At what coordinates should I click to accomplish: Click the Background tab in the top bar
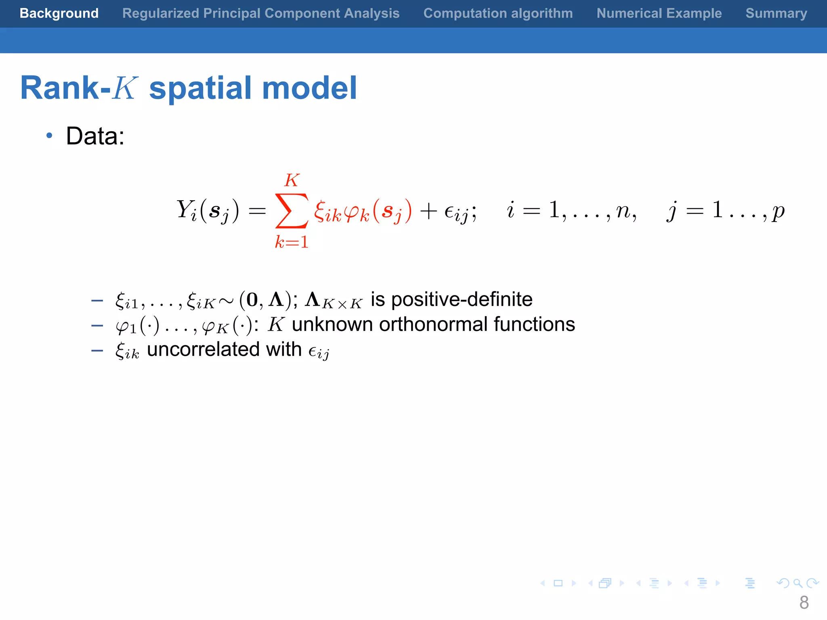pyautogui.click(x=59, y=13)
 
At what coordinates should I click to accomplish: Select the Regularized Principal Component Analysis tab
pyautogui.click(x=261, y=13)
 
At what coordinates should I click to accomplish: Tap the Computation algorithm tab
pyautogui.click(x=498, y=13)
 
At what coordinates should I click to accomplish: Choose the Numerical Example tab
pyautogui.click(x=659, y=13)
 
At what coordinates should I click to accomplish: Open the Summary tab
pyautogui.click(x=776, y=13)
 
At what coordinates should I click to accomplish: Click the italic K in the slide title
pyautogui.click(x=125, y=88)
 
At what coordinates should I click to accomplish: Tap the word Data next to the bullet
pyautogui.click(x=95, y=136)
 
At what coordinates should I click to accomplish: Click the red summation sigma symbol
pyautogui.click(x=292, y=211)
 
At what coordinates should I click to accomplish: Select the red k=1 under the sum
pyautogui.click(x=292, y=242)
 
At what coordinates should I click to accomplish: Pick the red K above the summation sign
pyautogui.click(x=292, y=180)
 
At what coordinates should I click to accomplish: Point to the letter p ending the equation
pyautogui.click(x=778, y=212)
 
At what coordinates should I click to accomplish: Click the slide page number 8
pyautogui.click(x=804, y=603)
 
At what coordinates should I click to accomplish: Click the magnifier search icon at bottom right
pyautogui.click(x=797, y=583)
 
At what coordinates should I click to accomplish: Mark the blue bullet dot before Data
pyautogui.click(x=49, y=136)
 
